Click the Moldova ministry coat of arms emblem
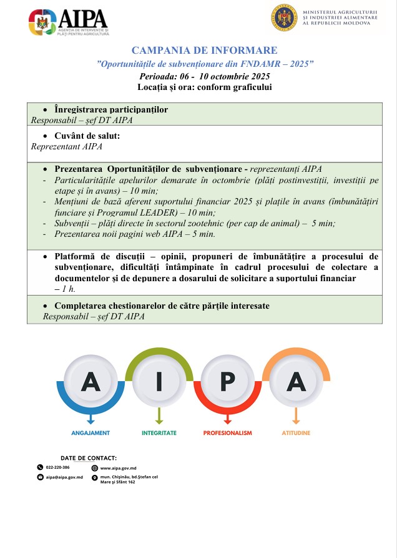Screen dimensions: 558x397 tap(285, 18)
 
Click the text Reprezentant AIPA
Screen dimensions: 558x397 tap(67, 147)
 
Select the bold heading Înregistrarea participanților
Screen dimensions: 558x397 tap(111, 109)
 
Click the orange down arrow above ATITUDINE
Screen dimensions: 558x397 tap(296, 417)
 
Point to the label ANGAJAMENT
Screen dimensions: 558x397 tap(91, 432)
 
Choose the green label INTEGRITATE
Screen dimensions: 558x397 tap(159, 432)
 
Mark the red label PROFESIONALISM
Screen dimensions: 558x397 tap(228, 432)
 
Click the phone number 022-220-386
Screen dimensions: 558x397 tap(57, 467)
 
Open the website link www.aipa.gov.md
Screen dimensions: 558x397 tap(119, 467)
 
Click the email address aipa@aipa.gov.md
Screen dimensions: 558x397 tap(64, 477)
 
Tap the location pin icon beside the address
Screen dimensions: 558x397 tap(95, 478)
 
